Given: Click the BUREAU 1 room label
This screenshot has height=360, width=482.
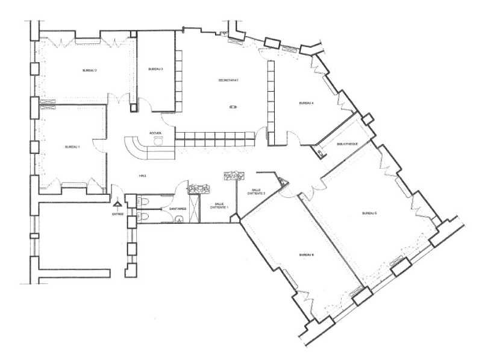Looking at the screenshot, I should tap(72, 147).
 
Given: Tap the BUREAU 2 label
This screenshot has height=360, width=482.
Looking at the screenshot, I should tap(90, 71).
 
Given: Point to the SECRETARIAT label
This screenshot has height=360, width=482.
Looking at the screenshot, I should tap(229, 80).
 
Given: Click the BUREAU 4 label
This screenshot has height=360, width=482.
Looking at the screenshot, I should tap(306, 103).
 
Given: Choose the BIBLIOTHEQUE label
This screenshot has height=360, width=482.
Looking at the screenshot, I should tap(348, 144).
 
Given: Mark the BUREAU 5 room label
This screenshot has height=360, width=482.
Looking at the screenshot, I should tap(369, 213).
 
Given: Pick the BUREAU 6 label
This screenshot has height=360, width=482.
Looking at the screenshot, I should tap(307, 255).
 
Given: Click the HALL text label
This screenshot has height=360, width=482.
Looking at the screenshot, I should tap(143, 175).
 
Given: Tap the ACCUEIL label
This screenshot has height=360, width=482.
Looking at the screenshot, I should tap(155, 133).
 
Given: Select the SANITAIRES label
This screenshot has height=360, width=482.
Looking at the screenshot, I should tap(177, 209).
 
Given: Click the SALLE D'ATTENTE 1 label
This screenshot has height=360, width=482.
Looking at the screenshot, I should tap(218, 206).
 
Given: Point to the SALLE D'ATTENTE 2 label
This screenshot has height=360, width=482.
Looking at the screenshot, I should tap(260, 191).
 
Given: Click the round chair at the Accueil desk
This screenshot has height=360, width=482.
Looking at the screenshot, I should tap(158, 141).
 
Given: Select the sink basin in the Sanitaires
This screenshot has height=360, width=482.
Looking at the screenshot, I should tap(179, 219).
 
